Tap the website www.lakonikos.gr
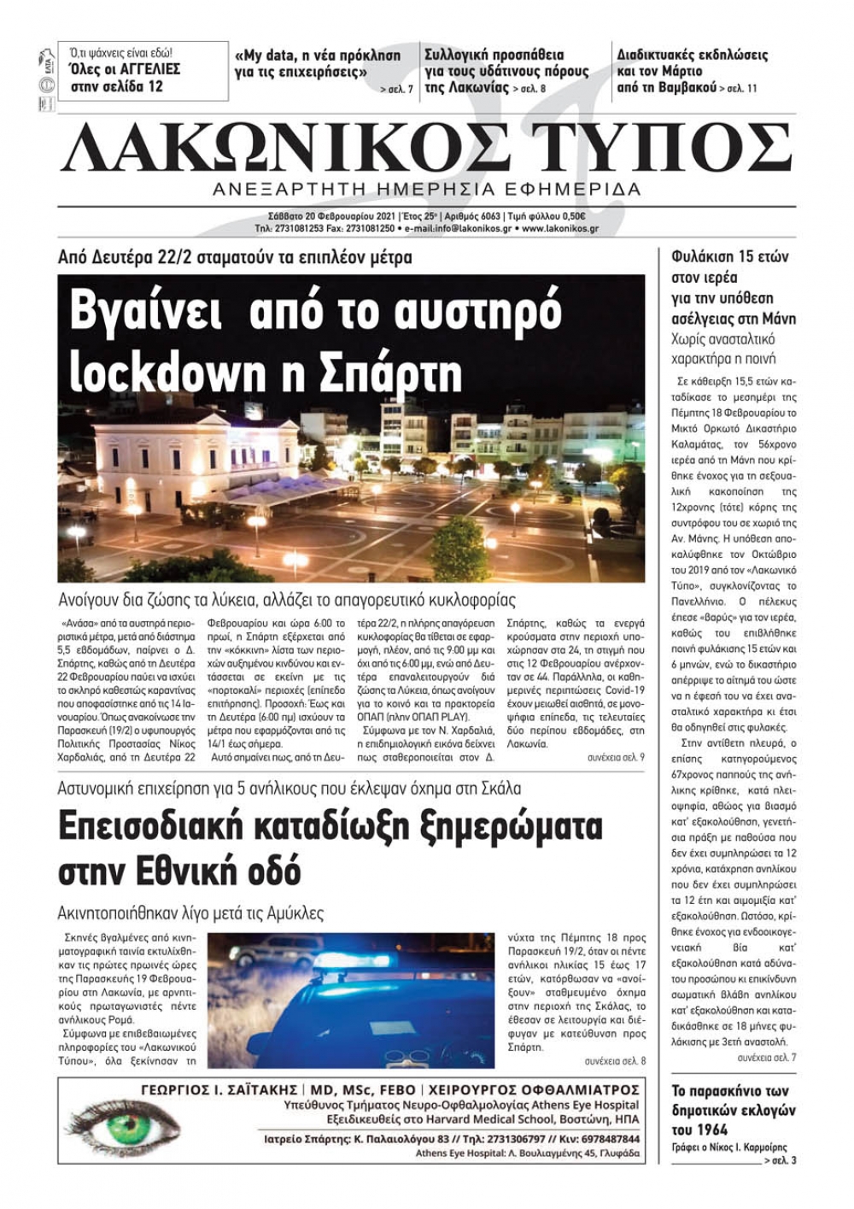tap(559, 229)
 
